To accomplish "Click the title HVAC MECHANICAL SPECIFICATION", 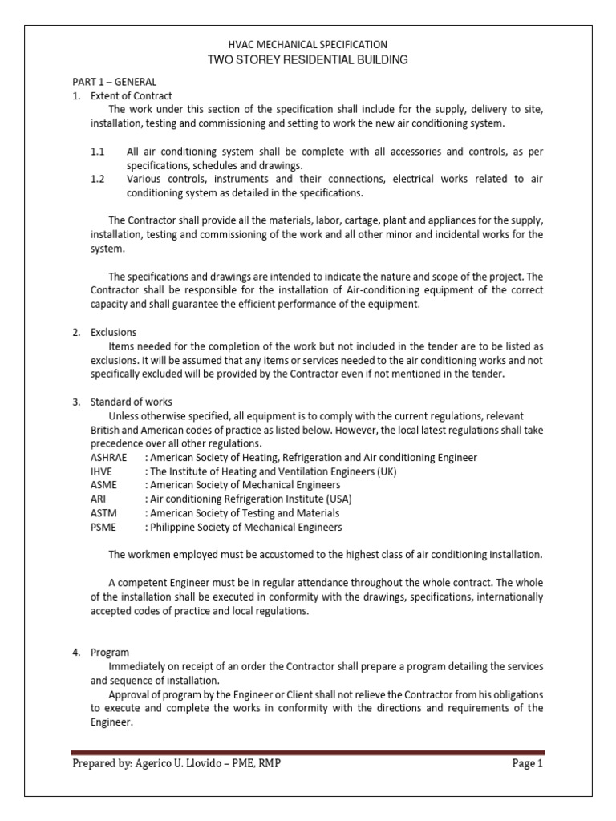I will (x=308, y=45).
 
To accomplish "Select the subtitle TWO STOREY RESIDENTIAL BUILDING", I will (x=308, y=60).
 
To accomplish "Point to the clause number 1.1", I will (x=98, y=151).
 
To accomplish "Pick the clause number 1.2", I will (x=98, y=179).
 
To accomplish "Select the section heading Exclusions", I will (x=113, y=332).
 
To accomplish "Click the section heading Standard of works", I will (x=131, y=402).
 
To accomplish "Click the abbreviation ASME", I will (x=102, y=485).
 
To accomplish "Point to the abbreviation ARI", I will (x=97, y=499).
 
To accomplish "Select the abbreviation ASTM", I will (x=102, y=513).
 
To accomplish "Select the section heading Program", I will (x=110, y=653).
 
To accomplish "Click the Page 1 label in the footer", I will (x=528, y=764).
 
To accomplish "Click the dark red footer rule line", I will (x=308, y=753).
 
